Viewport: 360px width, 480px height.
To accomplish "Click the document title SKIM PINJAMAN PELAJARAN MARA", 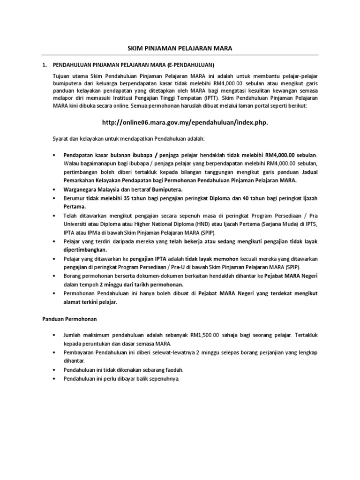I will pyautogui.click(x=180, y=48).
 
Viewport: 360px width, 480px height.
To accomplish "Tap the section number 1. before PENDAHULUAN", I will pyautogui.click(x=45, y=64).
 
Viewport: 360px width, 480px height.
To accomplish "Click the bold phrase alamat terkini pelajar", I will pyautogui.click(x=90, y=302).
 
